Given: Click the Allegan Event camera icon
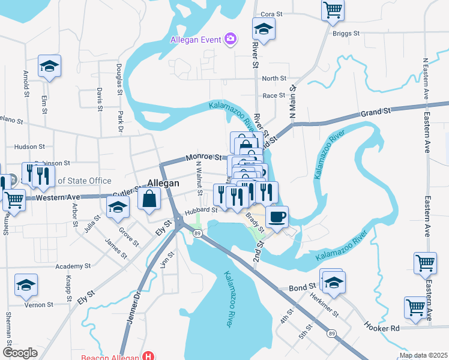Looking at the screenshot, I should [230, 40].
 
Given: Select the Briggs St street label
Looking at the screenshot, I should [346, 34].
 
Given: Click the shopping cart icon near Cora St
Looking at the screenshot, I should [332, 10].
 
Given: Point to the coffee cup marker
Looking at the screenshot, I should [276, 216].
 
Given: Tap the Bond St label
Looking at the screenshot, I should [304, 287].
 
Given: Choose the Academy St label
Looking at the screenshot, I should [72, 266].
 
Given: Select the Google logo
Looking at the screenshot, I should [20, 352].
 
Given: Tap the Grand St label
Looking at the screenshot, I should [376, 112].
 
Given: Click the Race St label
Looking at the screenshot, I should [274, 95].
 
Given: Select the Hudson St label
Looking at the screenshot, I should [30, 146].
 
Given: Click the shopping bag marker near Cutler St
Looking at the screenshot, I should [149, 197].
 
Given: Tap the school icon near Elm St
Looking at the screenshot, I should [50, 66].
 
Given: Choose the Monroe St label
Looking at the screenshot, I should [200, 158].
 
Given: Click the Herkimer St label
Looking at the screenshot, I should [325, 306].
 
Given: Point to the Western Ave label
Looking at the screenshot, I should [58, 197].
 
